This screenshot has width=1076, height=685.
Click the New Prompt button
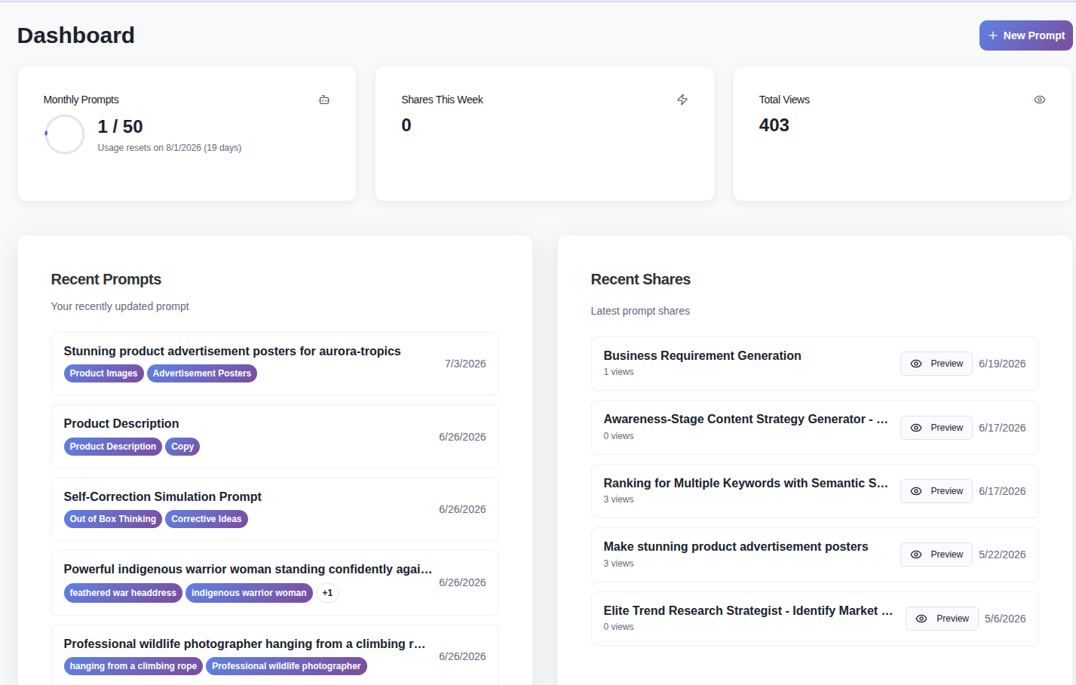pyautogui.click(x=1025, y=35)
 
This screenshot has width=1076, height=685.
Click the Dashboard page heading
pyautogui.click(x=76, y=35)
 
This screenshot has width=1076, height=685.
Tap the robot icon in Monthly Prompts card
pyautogui.click(x=324, y=100)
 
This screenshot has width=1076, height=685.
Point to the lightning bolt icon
pyautogui.click(x=682, y=100)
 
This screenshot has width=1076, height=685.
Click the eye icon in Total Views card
pyautogui.click(x=1040, y=100)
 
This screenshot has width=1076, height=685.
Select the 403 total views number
pyautogui.click(x=774, y=125)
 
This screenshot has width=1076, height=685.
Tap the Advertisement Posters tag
pyautogui.click(x=202, y=373)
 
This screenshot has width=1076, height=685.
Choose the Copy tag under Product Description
pyautogui.click(x=182, y=447)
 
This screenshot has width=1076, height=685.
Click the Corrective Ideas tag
pyautogui.click(x=207, y=519)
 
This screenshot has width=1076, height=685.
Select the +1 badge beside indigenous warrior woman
pyautogui.click(x=327, y=593)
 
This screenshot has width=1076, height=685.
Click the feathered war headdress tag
pyautogui.click(x=123, y=593)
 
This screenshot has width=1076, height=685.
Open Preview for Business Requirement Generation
pyautogui.click(x=937, y=364)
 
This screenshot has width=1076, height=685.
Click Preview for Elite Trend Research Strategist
pyautogui.click(x=942, y=619)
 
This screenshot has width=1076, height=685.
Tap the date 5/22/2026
pyautogui.click(x=1002, y=554)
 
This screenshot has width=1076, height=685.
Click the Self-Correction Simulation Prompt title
pyautogui.click(x=162, y=496)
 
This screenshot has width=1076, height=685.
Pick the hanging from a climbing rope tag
pyautogui.click(x=133, y=666)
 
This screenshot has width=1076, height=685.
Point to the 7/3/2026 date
pyautogui.click(x=465, y=364)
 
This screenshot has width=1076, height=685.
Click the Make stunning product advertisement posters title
pyautogui.click(x=735, y=546)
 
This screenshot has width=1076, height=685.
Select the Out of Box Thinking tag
pyautogui.click(x=113, y=519)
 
